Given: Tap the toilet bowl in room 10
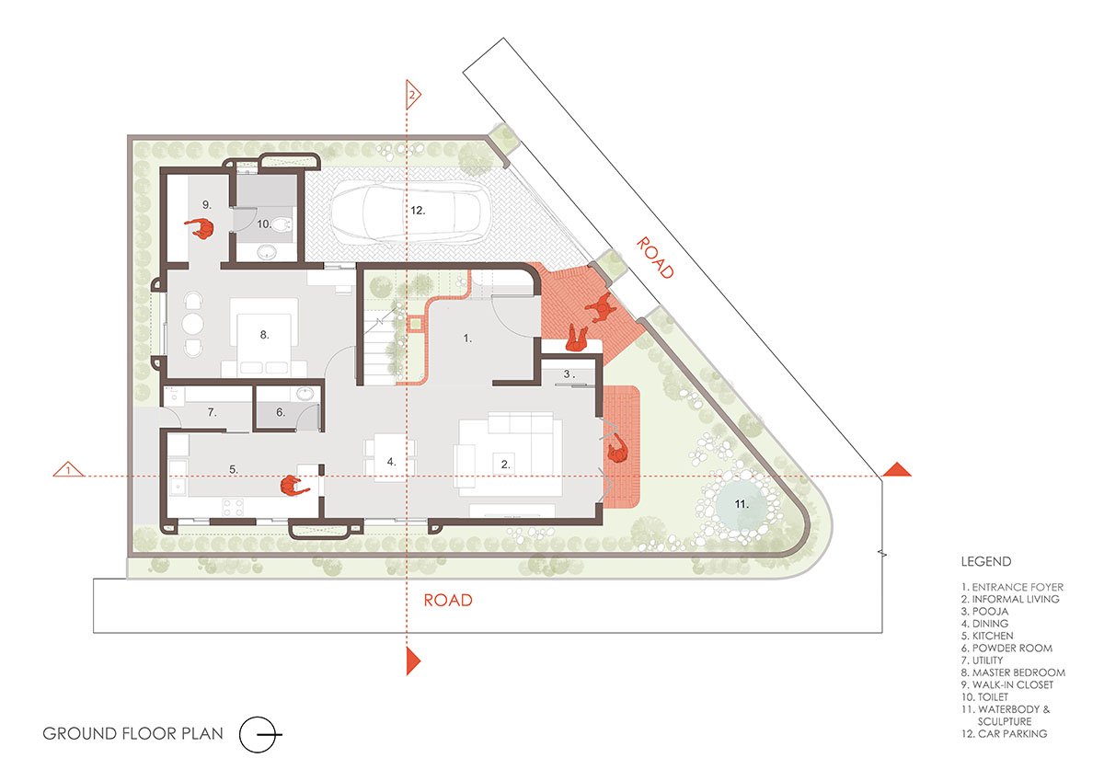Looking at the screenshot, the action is click(282, 225).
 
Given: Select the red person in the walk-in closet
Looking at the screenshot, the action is click(201, 228).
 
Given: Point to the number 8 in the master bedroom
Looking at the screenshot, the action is click(264, 335).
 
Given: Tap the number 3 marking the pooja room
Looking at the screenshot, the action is click(568, 374).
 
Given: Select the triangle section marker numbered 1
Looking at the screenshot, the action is click(68, 469).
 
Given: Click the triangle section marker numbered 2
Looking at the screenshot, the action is click(413, 95).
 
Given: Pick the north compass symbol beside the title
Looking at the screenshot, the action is click(259, 734).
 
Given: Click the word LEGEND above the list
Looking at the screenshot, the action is click(985, 561).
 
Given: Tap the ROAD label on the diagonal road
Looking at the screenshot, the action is click(654, 258).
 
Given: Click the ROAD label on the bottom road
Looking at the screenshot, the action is click(448, 600).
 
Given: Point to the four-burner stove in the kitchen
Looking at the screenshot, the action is click(233, 507).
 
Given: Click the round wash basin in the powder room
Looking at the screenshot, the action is click(305, 394).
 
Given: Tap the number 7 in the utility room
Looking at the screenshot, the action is click(212, 412).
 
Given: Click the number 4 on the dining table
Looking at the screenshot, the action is click(391, 462).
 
